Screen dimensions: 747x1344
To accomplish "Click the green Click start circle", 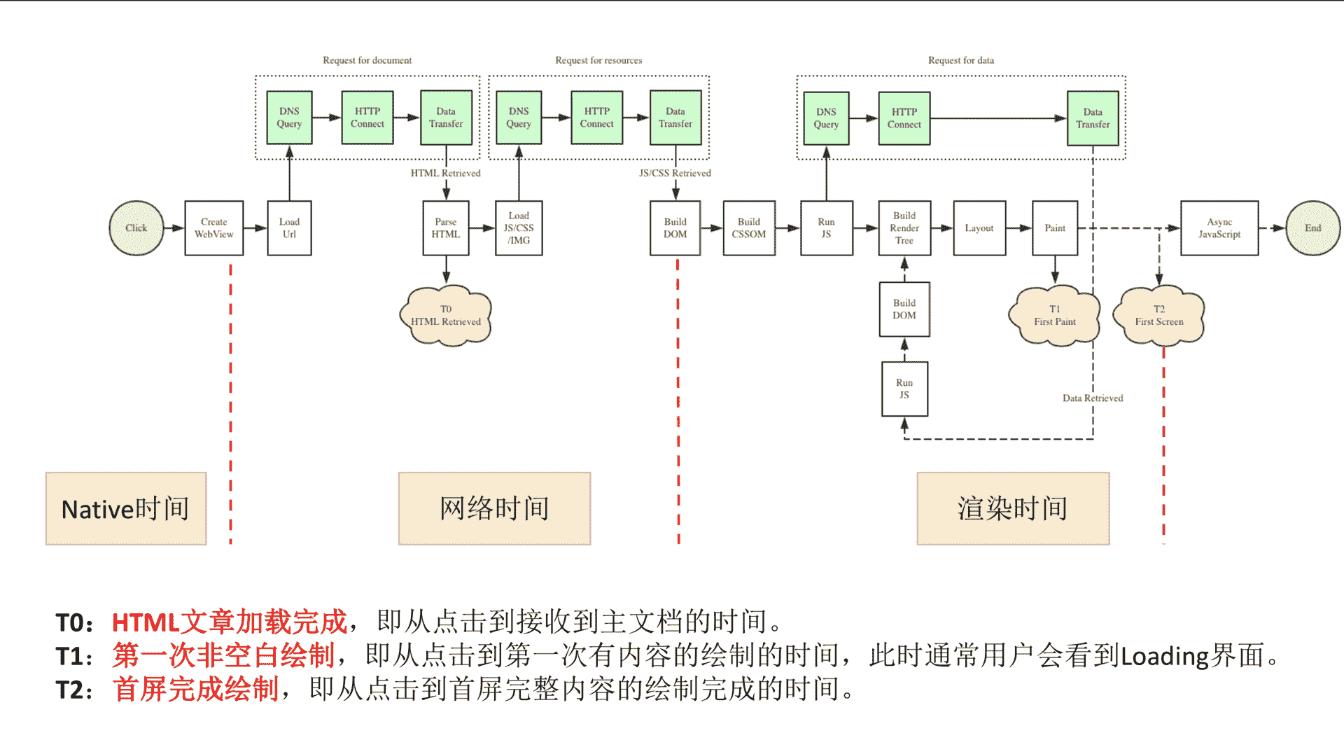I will [136, 228].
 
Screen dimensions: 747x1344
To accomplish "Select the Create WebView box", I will [214, 228].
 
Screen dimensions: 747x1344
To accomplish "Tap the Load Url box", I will [289, 228].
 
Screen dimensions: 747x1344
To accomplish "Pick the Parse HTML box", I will [446, 228].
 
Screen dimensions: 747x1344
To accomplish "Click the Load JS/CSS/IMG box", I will [519, 228].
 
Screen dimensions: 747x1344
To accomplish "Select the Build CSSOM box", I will [749, 228].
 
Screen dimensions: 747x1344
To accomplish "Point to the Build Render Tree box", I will [904, 228].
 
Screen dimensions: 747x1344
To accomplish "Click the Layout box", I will [979, 228].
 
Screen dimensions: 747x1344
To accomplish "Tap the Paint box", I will [1055, 228].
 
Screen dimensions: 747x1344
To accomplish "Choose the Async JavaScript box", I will [1219, 228].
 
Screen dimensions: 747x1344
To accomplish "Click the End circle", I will [1313, 228].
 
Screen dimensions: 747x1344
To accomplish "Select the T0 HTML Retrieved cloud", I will [446, 316].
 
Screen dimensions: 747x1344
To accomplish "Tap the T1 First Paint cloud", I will [1055, 316].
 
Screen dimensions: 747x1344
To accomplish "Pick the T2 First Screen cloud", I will [1159, 316].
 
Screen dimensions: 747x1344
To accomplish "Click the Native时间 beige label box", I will [126, 509].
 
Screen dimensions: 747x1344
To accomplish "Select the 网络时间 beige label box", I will [495, 509].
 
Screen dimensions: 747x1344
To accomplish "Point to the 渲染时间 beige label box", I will [1013, 509].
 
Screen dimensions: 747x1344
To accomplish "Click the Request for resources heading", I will [598, 60].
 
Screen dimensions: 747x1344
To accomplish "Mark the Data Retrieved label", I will [1093, 398].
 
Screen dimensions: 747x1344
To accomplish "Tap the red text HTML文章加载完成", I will [230, 622].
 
